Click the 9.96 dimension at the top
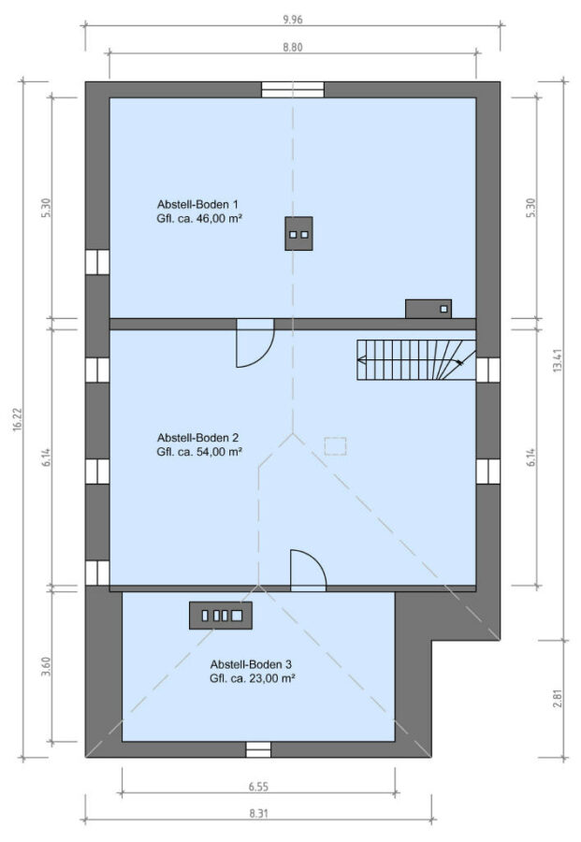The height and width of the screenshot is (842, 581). click(293, 20)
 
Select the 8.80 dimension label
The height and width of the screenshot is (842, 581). click(293, 48)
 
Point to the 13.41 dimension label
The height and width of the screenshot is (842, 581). click(558, 361)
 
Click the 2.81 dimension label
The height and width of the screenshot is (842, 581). click(558, 698)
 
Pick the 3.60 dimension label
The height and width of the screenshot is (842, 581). click(46, 667)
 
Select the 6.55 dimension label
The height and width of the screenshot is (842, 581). click(258, 787)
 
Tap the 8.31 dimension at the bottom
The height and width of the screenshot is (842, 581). click(258, 814)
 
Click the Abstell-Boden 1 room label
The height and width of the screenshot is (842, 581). click(197, 204)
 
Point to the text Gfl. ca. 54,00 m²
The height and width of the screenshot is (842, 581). click(199, 452)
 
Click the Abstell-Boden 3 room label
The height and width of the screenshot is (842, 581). click(251, 664)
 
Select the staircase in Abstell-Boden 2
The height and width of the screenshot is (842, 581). click(416, 359)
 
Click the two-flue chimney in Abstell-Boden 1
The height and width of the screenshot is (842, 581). click(298, 234)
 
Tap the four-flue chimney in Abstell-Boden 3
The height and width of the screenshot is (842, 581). click(221, 616)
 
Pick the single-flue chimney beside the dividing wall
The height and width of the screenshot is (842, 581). click(428, 309)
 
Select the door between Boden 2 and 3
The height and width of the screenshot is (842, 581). click(308, 571)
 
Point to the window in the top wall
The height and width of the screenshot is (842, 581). click(293, 90)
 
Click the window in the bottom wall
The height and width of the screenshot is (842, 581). click(258, 749)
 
